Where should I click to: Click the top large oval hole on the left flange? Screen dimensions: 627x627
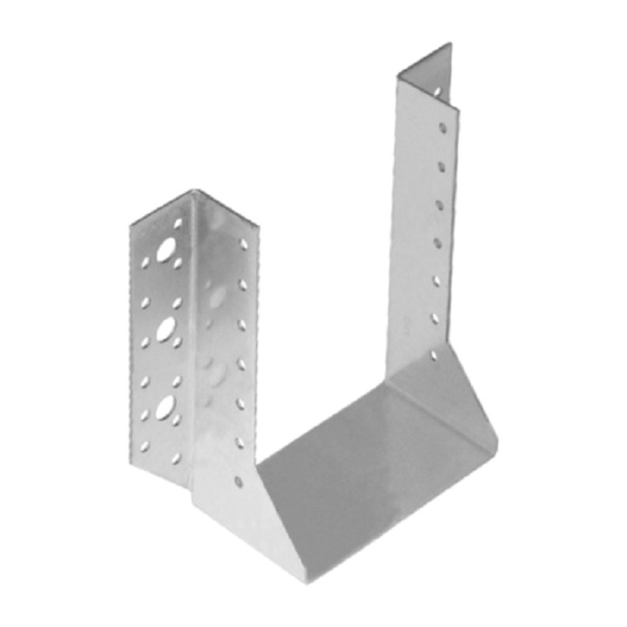coord(164,252)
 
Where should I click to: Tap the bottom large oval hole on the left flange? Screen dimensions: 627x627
coord(164,405)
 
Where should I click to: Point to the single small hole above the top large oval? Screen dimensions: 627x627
coord(178,224)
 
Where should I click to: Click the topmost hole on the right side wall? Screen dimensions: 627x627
coord(443,127)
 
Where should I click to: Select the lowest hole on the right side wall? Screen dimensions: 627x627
coord(434,354)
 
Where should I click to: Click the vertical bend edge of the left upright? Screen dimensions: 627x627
coord(192,348)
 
